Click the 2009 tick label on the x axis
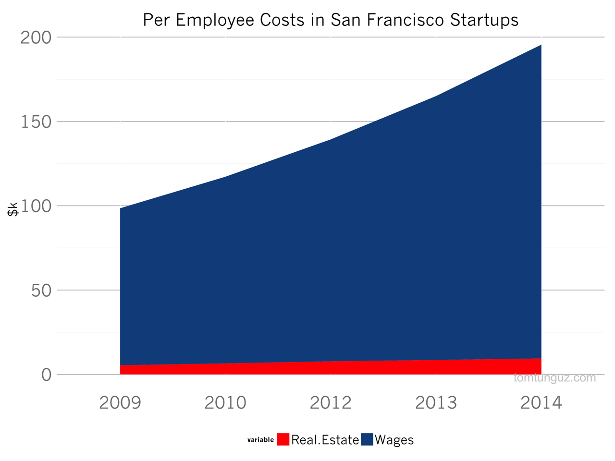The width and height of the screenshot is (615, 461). [120, 402]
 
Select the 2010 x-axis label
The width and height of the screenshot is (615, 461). [225, 402]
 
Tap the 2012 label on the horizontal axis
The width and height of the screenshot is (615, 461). [331, 402]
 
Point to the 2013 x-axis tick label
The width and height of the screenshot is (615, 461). [436, 402]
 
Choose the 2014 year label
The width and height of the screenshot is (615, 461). [541, 402]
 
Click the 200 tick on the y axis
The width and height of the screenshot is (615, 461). [36, 37]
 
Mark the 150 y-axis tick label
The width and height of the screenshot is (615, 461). [36, 122]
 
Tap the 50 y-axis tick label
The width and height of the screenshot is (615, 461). [41, 291]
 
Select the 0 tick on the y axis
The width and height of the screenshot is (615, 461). [46, 375]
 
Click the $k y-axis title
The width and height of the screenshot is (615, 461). [13, 209]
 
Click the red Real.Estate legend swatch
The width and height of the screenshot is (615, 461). [283, 439]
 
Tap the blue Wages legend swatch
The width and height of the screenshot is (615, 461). [367, 439]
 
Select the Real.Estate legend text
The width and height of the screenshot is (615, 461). [325, 440]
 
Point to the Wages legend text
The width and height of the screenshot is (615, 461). [394, 440]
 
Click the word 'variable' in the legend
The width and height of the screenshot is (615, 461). [260, 440]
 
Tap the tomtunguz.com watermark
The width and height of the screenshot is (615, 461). [554, 378]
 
